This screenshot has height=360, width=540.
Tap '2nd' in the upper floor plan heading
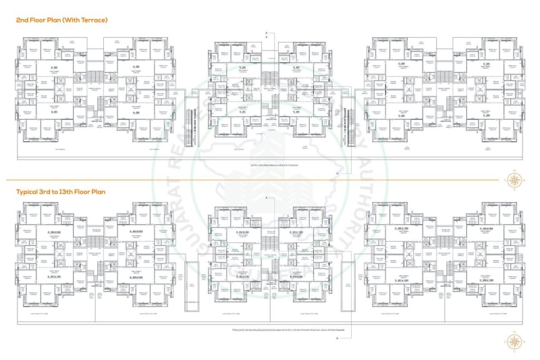(22, 20)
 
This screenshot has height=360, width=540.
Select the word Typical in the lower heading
(28, 191)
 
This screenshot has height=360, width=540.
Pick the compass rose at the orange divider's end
(514, 180)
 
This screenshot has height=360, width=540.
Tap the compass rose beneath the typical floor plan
(514, 342)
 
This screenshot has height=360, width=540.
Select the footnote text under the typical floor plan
(269, 330)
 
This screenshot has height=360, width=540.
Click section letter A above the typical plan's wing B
(267, 196)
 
